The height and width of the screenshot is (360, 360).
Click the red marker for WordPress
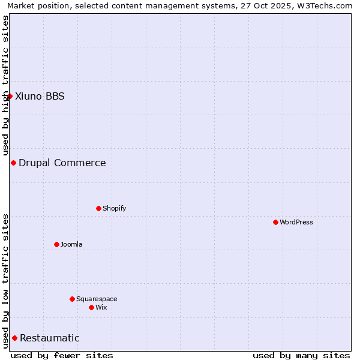pyautogui.click(x=275, y=222)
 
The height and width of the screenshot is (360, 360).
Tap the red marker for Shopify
pyautogui.click(x=98, y=208)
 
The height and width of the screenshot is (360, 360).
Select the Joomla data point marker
pyautogui.click(x=56, y=244)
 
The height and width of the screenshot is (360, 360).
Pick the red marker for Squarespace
pyautogui.click(x=72, y=299)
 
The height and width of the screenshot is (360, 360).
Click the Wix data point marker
pyautogui.click(x=91, y=307)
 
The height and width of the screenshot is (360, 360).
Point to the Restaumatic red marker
pyautogui.click(x=14, y=338)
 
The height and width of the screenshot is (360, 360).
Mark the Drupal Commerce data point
pyautogui.click(x=13, y=163)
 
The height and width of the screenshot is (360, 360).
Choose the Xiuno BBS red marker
pyautogui.click(x=10, y=96)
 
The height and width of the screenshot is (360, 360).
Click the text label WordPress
pyautogui.click(x=296, y=222)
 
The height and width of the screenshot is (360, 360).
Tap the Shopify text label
pyautogui.click(x=114, y=208)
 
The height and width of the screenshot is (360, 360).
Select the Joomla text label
pyautogui.click(x=71, y=244)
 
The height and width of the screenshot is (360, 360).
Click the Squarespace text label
pyautogui.click(x=97, y=299)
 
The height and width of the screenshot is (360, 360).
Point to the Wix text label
pyautogui.click(x=101, y=307)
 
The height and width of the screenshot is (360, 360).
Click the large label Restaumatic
pyautogui.click(x=50, y=338)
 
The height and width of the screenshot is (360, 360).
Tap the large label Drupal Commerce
pyautogui.click(x=62, y=163)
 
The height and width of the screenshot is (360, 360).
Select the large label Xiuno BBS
pyautogui.click(x=40, y=96)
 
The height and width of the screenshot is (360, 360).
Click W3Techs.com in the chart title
pyautogui.click(x=327, y=5)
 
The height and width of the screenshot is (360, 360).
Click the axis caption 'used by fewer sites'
pyautogui.click(x=62, y=355)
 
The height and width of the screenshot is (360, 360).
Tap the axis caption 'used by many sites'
pyautogui.click(x=301, y=355)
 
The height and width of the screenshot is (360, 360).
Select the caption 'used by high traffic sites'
pyautogui.click(x=5, y=85)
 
